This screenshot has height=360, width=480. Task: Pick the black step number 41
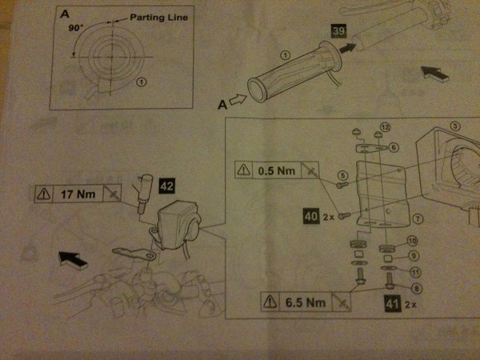coord(390,304)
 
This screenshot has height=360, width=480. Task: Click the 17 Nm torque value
coord(78,194)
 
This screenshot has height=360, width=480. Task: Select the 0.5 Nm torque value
coord(277,170)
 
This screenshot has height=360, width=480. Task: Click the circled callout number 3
coord(454,126)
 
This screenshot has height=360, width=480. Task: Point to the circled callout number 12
coord(385,127)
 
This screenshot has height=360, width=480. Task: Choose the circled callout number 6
coord(392,147)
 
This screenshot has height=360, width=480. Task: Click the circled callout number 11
coord(413,272)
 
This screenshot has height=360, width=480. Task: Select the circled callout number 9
coord(414,256)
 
